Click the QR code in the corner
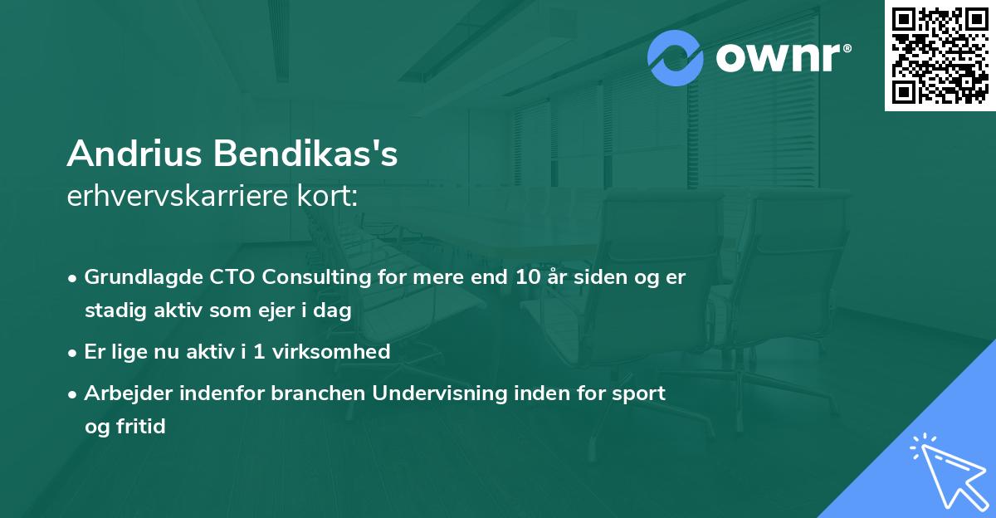pyautogui.click(x=940, y=55)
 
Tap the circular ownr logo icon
pyautogui.click(x=676, y=58)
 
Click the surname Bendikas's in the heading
pyautogui.click(x=303, y=154)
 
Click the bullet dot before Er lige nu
pyautogui.click(x=74, y=352)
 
